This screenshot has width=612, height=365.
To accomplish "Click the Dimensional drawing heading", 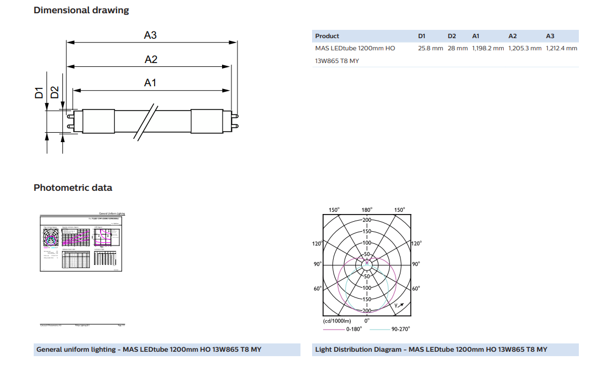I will (81, 10).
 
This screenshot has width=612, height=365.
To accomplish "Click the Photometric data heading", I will (73, 187).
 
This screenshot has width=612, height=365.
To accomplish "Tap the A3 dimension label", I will (150, 35).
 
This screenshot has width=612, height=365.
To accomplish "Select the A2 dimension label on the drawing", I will (151, 59).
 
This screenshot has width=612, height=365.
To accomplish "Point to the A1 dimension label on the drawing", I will (150, 82).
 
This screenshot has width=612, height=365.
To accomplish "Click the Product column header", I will (327, 36).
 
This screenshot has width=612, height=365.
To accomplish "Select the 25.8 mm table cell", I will (430, 48).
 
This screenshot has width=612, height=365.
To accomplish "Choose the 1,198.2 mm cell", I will (488, 48).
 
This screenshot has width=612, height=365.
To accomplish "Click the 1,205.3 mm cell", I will (525, 48).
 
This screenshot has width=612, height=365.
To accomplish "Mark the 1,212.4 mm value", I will (561, 48).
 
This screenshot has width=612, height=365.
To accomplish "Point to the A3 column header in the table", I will (550, 36).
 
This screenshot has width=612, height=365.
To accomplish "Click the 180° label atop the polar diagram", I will (367, 210).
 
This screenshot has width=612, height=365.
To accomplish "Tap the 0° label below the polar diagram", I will (367, 320).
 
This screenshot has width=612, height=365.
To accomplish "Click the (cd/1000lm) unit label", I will (337, 321).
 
